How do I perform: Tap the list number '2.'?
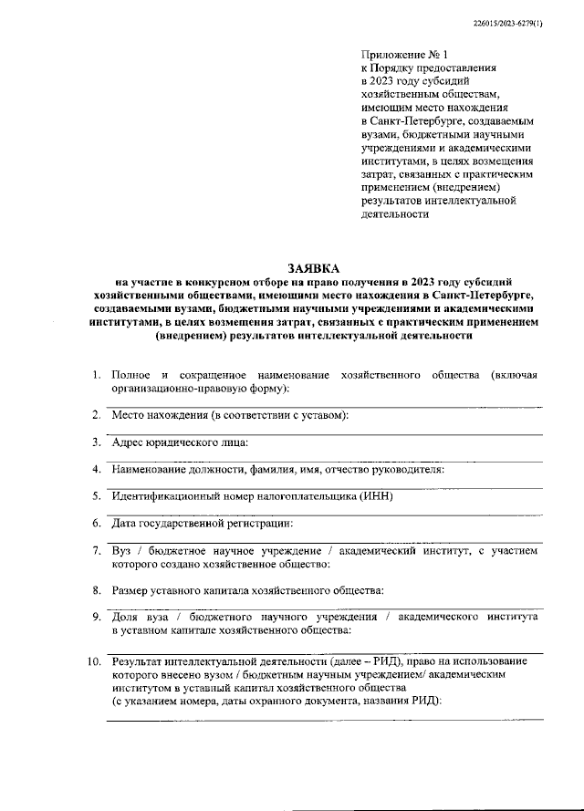tap(96, 416)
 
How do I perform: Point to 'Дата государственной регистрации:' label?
tap(203, 524)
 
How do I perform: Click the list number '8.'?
tap(96, 591)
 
